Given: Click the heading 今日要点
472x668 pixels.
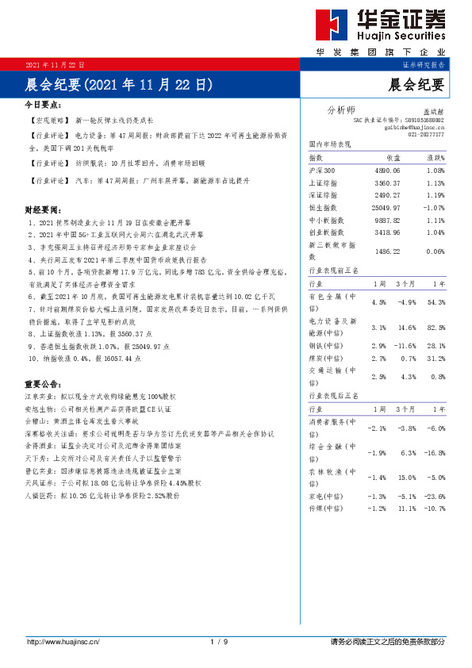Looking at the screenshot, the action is (x=43, y=104).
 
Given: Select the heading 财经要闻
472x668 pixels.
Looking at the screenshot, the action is (x=43, y=210).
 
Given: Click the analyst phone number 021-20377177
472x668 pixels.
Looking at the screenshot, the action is (x=426, y=136).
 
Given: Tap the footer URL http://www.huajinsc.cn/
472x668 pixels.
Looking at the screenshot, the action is (x=62, y=641).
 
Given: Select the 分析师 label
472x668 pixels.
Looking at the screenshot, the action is (x=341, y=109).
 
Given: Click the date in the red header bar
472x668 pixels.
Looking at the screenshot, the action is (x=56, y=63).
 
